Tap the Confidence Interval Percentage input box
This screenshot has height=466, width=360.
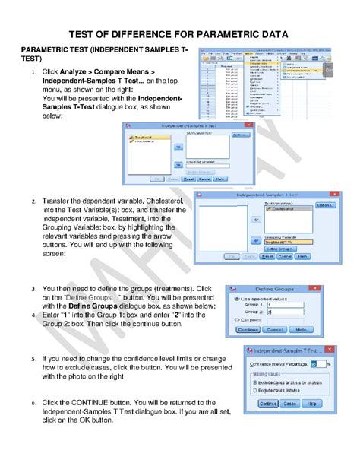point(314,364)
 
